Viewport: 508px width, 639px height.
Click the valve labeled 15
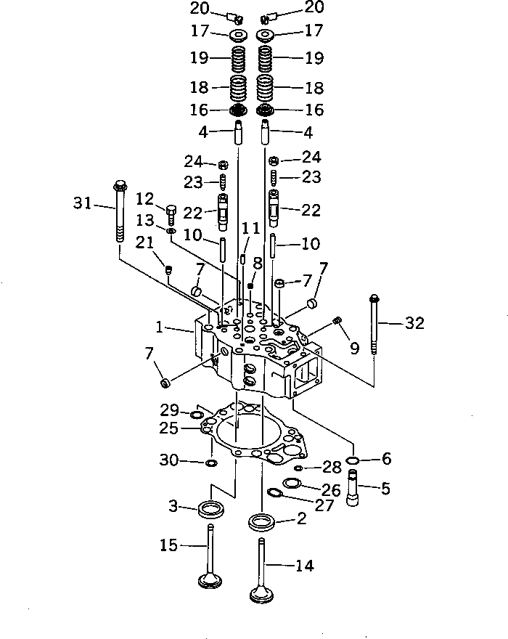click(x=210, y=559)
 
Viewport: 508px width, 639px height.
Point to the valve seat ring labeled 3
click(x=211, y=508)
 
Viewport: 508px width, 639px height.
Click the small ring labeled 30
click(x=210, y=463)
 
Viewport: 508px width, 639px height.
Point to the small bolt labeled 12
click(x=171, y=213)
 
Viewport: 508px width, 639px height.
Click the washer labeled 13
click(x=171, y=231)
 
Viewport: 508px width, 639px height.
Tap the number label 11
click(x=250, y=228)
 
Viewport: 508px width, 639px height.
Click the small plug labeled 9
click(x=336, y=321)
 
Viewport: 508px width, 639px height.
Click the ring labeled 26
click(x=292, y=484)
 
